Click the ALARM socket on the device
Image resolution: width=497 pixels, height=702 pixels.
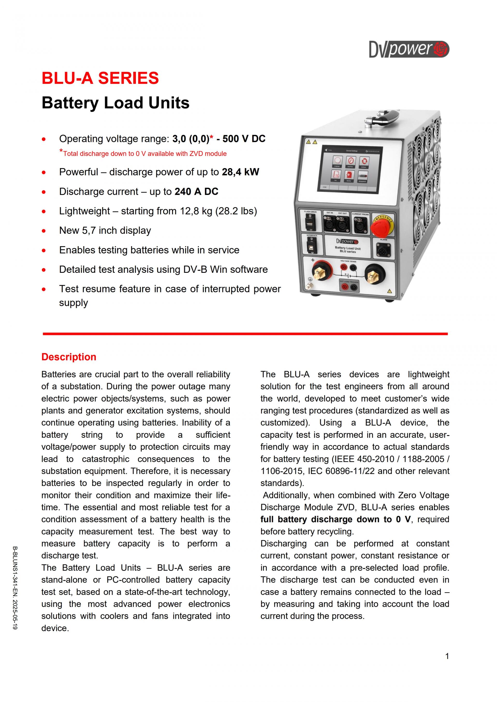(x=383, y=251)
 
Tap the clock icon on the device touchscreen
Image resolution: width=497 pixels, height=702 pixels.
(x=350, y=161)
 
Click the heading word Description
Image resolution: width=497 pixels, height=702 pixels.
(x=69, y=357)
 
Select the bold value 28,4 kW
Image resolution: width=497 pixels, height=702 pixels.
(x=240, y=172)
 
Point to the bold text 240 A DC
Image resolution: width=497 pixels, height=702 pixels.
(x=196, y=192)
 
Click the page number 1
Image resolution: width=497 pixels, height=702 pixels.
(x=447, y=656)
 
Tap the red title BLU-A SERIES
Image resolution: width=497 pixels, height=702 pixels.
(x=100, y=78)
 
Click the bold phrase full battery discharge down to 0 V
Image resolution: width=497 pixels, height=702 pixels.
(x=335, y=519)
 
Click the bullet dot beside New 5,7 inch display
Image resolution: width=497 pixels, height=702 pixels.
(x=44, y=231)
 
